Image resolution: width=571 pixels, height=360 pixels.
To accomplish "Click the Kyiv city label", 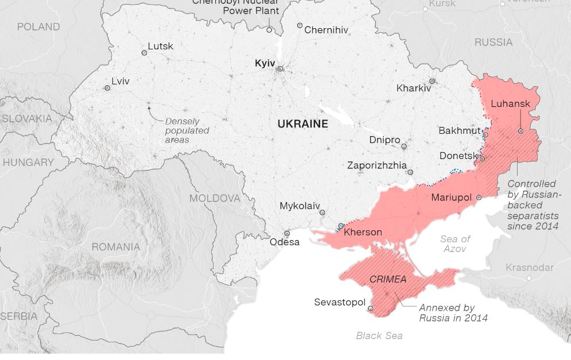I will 265,63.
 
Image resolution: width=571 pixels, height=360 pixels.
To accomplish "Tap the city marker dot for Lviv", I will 107,88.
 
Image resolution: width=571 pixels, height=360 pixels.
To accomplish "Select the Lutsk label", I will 160,46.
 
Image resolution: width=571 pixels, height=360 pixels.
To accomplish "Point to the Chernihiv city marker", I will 300,26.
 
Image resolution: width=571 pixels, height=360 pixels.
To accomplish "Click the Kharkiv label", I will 413,88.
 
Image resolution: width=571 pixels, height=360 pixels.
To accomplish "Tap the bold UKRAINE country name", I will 302,123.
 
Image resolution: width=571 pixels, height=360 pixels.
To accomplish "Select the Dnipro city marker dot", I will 404,146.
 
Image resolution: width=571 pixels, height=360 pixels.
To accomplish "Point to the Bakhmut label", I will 459,130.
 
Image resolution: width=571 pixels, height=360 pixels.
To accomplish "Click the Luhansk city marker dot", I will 520,131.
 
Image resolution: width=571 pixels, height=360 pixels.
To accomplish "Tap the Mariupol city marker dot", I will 479,197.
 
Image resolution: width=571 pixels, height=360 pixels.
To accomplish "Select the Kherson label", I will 363,233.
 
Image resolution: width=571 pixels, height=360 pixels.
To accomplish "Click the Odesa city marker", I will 287,234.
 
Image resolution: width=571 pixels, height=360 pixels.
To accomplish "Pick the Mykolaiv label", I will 299,206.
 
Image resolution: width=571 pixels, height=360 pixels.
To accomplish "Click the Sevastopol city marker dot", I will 371,308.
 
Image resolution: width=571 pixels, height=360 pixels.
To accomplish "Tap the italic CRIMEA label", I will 388,280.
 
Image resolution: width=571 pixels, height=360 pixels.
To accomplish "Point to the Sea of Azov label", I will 455,243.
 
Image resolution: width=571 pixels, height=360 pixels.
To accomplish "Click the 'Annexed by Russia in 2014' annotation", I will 453,312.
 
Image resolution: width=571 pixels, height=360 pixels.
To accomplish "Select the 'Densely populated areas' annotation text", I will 187,130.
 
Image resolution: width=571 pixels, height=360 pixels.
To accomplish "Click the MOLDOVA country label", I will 215,198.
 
